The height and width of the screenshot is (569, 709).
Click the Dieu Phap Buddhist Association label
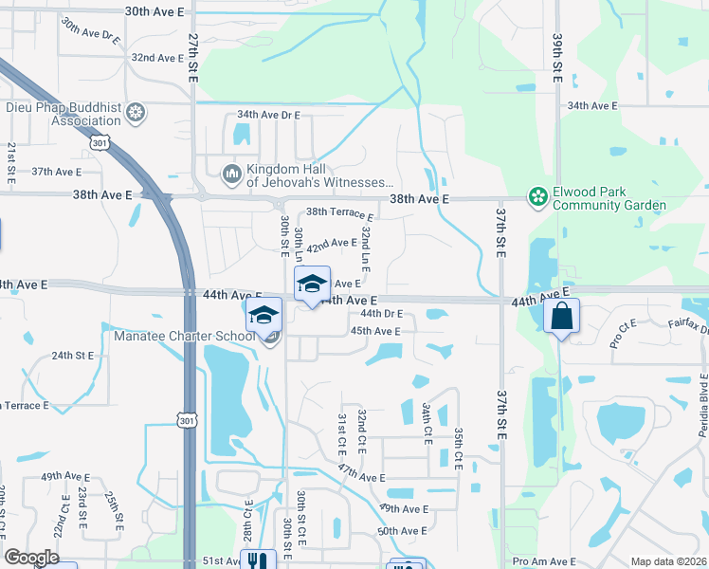63,115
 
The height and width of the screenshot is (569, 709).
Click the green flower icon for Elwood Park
538,197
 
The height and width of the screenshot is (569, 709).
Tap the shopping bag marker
561,316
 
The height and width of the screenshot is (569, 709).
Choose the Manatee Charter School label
185,336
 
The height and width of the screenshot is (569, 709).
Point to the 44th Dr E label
381,314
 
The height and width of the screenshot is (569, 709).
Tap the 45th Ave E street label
375,331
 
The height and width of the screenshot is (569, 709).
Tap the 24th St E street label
73,356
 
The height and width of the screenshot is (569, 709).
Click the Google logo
31,558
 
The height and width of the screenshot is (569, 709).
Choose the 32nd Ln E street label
365,246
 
